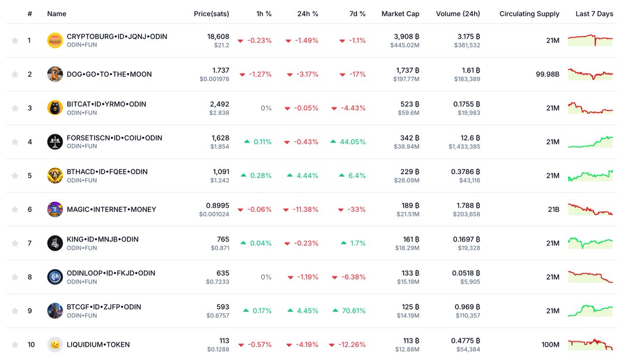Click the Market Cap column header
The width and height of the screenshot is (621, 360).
[x=400, y=14]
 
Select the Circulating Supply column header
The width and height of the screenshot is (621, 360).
[x=529, y=14]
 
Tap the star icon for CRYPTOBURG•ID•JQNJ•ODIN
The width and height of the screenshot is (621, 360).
[x=15, y=40]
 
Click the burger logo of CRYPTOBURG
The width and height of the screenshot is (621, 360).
[x=55, y=40]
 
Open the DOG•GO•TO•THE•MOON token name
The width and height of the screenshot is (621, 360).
[x=109, y=74]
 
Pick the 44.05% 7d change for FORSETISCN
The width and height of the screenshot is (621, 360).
[x=352, y=142]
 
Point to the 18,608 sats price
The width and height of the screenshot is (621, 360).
[x=218, y=37]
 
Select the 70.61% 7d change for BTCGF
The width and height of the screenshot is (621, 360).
[x=353, y=311]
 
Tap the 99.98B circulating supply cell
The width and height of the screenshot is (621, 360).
[x=548, y=74]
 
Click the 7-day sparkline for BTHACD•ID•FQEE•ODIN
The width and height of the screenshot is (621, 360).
[x=590, y=175]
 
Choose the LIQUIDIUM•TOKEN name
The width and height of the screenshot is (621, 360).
[x=98, y=344]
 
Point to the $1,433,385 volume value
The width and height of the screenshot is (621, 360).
[x=464, y=147]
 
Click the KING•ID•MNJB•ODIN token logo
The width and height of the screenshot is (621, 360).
[x=55, y=243]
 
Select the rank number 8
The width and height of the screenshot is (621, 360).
[x=29, y=277]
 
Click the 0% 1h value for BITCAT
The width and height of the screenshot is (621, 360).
[x=266, y=108]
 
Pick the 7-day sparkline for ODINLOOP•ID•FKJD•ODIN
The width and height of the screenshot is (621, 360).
[x=590, y=277]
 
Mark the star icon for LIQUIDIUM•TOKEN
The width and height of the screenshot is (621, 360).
[x=15, y=344]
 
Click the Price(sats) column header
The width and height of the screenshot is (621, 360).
[x=211, y=14]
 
